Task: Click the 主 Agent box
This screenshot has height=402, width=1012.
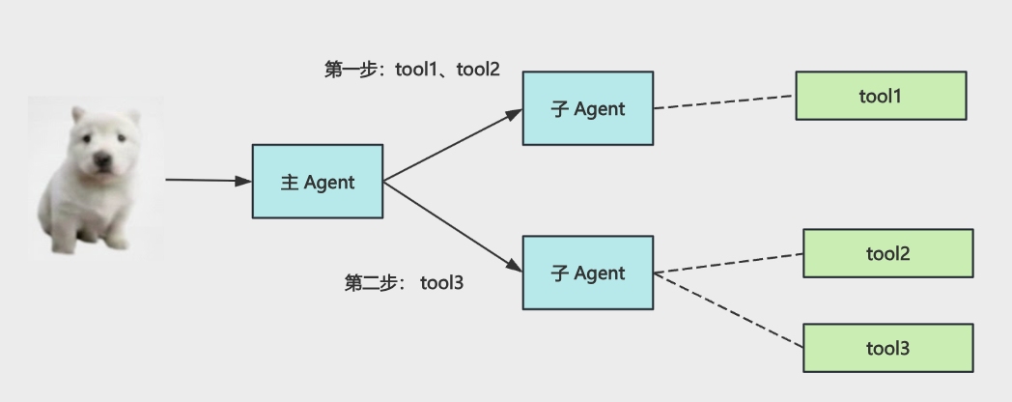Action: coord(318,182)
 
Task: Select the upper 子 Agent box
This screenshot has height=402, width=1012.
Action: coord(588,108)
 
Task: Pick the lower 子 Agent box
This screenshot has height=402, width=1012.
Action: coord(588,273)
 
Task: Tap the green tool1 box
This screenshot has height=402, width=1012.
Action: coord(881,96)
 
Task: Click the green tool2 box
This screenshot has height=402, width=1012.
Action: coord(888,253)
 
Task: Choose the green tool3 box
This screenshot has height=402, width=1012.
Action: coord(888,348)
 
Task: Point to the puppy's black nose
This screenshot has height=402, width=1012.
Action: coord(101,159)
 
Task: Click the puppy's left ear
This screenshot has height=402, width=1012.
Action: coord(78,115)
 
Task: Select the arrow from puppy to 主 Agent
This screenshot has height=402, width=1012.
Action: coord(209,181)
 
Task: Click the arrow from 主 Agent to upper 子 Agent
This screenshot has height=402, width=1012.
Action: coord(453,145)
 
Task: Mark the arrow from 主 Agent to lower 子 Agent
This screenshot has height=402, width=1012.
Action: coord(453,227)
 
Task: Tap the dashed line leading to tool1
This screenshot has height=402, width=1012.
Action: coord(724,102)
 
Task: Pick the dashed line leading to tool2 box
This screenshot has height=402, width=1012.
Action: coord(728,264)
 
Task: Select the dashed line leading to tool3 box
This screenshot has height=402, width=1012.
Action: coord(728,311)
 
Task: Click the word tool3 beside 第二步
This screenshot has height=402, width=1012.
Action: coord(442,283)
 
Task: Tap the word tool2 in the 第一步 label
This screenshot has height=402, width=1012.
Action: coord(478,70)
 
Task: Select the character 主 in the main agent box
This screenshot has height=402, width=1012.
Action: coord(290,183)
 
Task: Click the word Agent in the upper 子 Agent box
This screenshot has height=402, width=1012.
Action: coord(600,109)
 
